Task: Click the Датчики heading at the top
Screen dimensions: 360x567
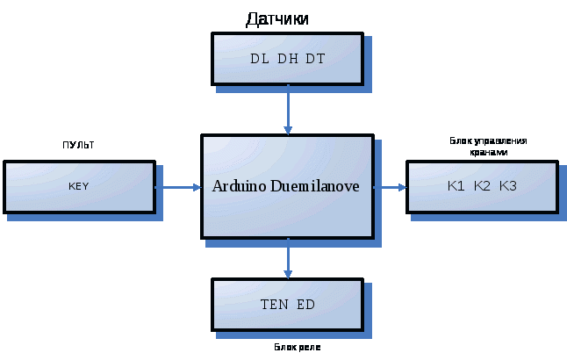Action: (x=277, y=18)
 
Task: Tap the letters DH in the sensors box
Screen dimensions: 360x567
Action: (x=287, y=59)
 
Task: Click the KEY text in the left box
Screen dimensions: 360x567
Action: (x=79, y=187)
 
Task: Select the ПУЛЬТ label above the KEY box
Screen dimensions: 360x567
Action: (x=78, y=145)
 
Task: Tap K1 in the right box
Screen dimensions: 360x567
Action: (x=456, y=186)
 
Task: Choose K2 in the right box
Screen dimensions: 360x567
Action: (x=482, y=186)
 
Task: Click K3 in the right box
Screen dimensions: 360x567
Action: (x=508, y=186)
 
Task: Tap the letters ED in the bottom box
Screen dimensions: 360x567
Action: (x=305, y=305)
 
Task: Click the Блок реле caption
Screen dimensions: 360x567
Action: (x=298, y=349)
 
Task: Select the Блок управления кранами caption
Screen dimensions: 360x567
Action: (x=488, y=146)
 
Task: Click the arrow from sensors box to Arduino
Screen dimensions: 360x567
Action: (x=288, y=110)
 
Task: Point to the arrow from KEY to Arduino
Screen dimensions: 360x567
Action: (x=179, y=187)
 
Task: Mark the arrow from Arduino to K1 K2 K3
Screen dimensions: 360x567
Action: (x=390, y=187)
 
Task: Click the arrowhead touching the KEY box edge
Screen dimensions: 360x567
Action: (x=159, y=187)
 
